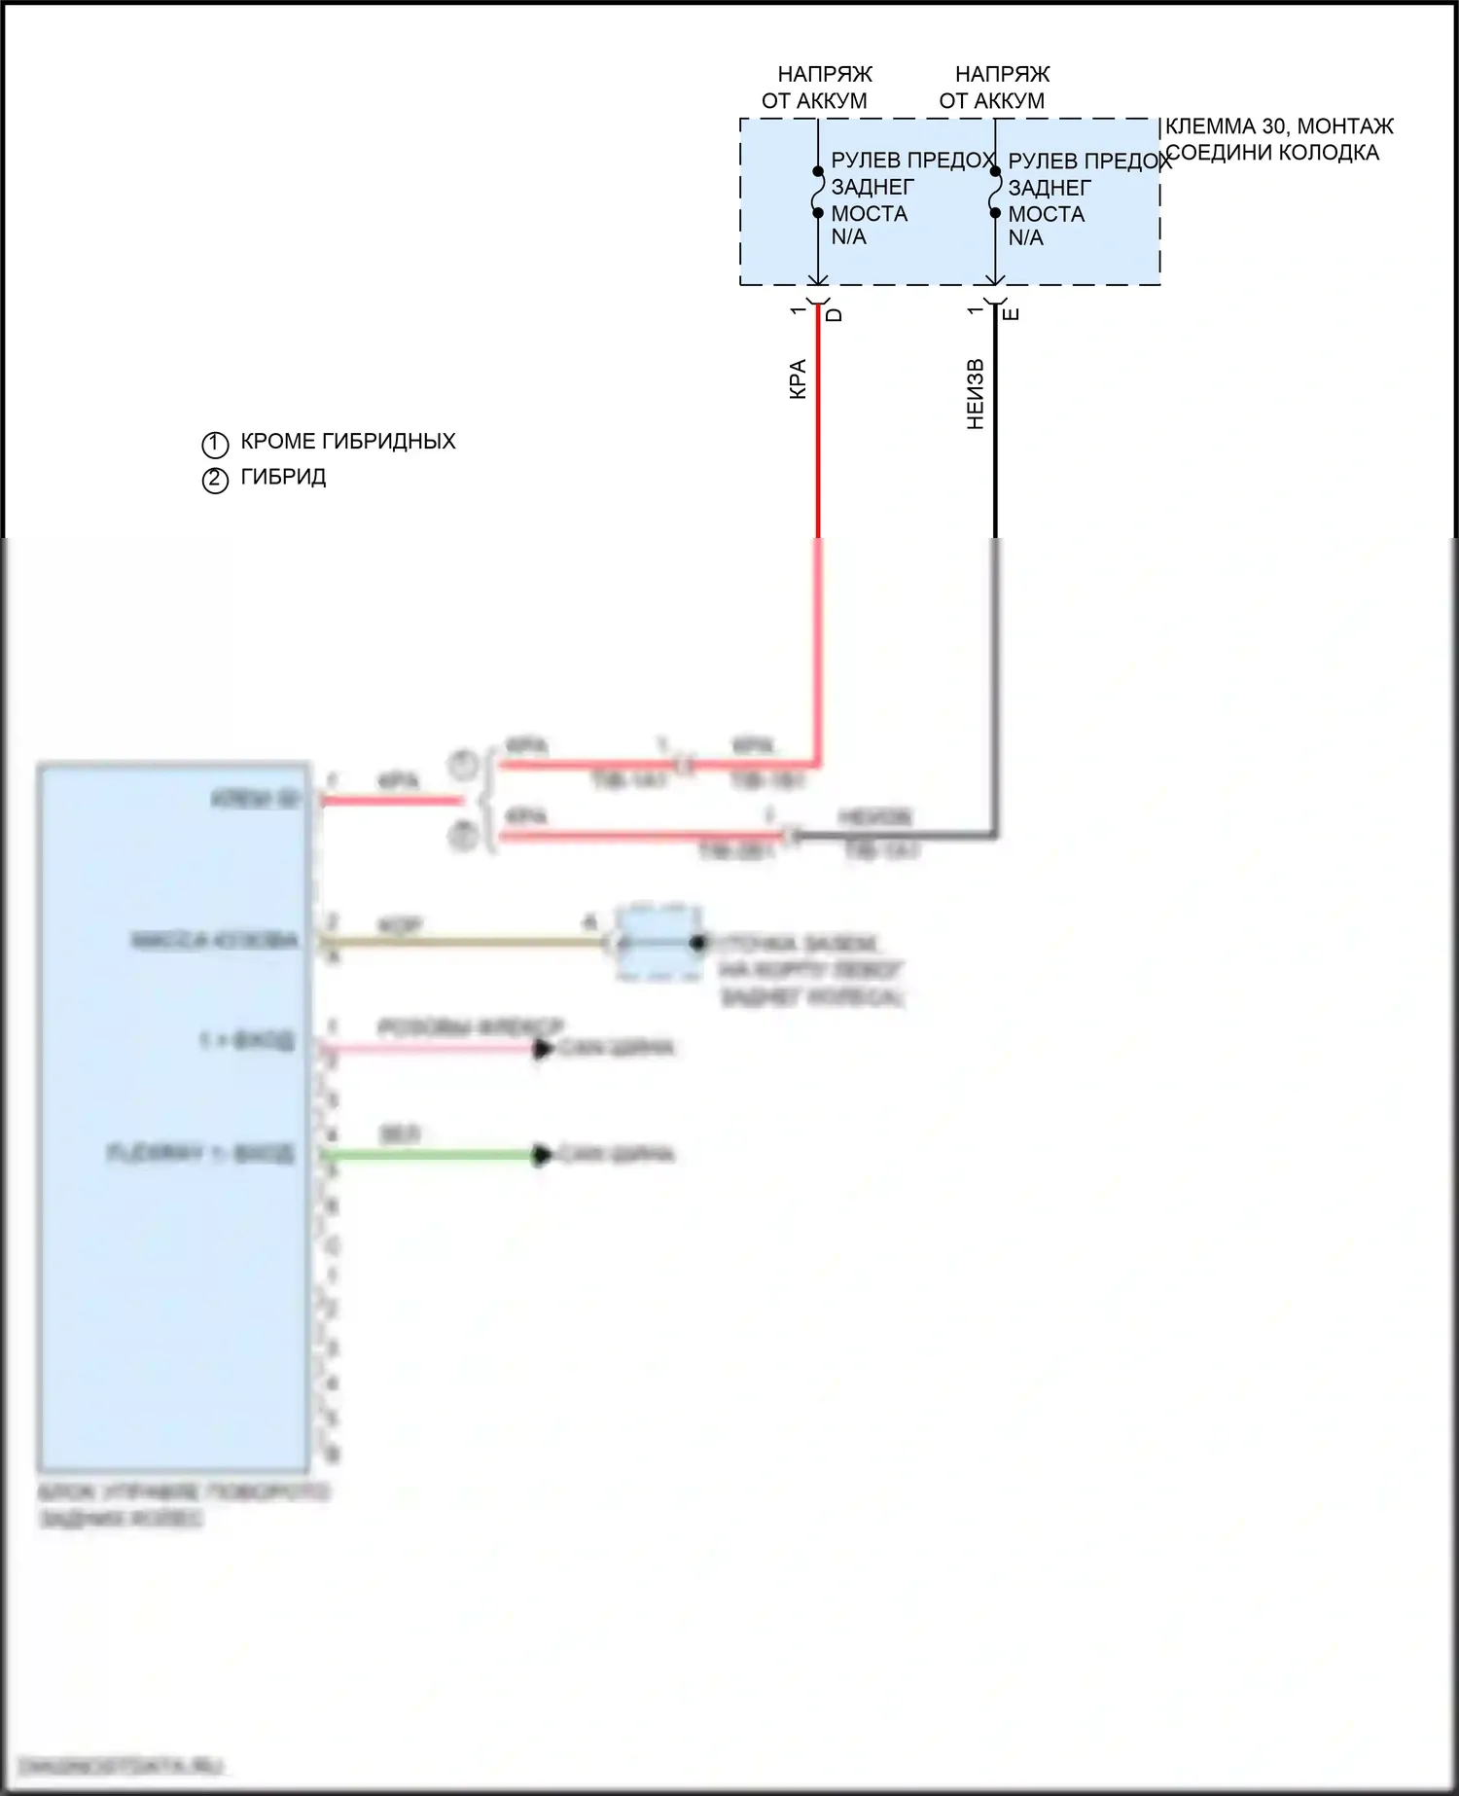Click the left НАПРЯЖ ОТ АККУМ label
(817, 88)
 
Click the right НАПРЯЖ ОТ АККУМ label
(995, 88)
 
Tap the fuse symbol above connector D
(818, 193)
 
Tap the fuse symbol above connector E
(995, 193)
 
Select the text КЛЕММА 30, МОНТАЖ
(1279, 126)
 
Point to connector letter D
(834, 314)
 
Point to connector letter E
(1011, 314)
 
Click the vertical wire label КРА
(798, 379)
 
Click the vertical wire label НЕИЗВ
(976, 394)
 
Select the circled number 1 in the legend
(215, 445)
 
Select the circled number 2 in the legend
(215, 480)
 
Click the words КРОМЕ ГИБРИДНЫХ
(347, 442)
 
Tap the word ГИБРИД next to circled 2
(283, 478)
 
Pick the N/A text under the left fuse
(848, 237)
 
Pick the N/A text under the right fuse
(1025, 238)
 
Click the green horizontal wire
(428, 1156)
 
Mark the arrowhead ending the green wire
(542, 1156)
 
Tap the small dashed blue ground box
(659, 943)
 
